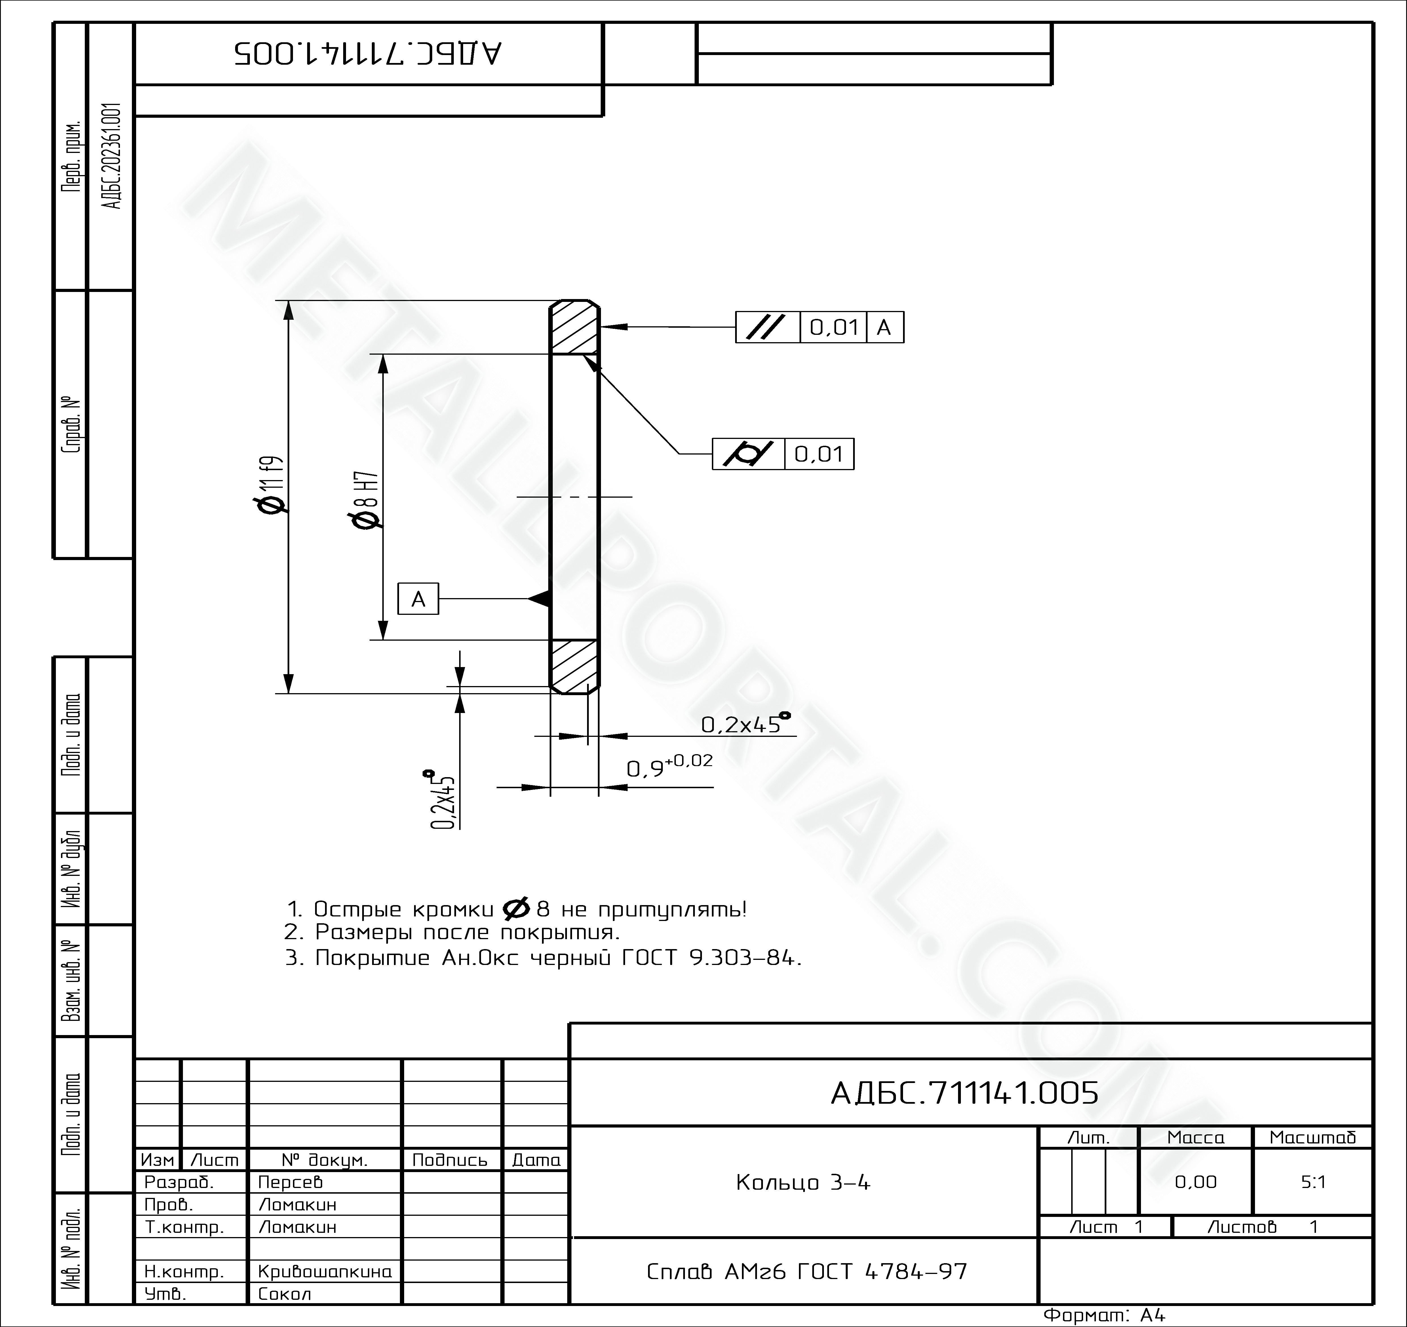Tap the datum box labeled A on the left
pos(418,599)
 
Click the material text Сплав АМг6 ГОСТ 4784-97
pos(807,1271)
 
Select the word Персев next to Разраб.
pos(290,1182)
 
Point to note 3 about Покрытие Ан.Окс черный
pos(544,958)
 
